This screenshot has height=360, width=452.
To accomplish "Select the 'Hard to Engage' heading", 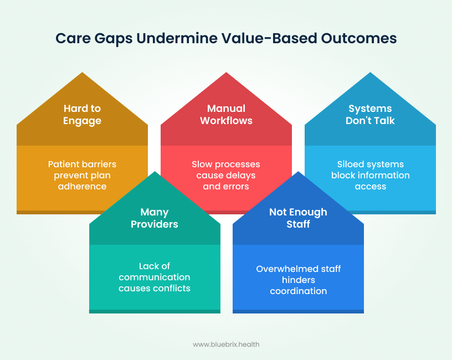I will click(x=82, y=114).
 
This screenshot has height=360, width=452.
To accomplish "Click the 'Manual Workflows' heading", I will click(x=226, y=114).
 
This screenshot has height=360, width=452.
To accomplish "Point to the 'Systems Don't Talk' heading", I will click(x=370, y=114).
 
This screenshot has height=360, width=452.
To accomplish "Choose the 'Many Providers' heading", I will click(x=154, y=218).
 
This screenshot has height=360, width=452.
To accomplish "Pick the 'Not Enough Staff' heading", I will click(x=298, y=218).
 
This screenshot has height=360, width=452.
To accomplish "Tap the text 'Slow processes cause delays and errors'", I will click(x=226, y=175).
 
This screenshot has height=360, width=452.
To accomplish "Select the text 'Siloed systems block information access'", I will click(x=370, y=175).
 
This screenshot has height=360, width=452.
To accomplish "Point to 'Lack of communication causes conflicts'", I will click(x=154, y=277).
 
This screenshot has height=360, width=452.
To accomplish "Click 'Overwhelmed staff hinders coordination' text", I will click(x=298, y=280).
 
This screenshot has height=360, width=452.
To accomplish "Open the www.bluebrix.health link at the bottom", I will click(x=226, y=344).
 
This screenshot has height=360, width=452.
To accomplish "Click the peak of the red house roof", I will click(x=226, y=74).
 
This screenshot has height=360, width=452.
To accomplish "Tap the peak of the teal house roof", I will click(x=155, y=173).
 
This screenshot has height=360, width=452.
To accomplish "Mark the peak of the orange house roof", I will click(x=83, y=74).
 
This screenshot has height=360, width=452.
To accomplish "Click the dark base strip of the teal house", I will click(x=155, y=311).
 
